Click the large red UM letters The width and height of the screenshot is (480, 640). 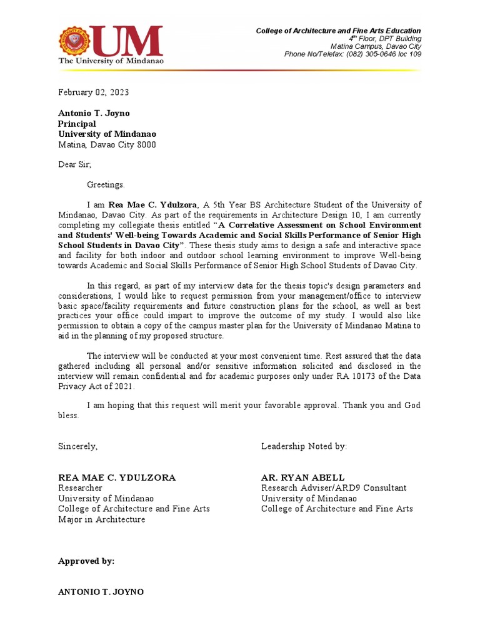point(127,41)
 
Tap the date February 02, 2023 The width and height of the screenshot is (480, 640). point(94,92)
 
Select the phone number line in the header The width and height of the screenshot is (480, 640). point(352,54)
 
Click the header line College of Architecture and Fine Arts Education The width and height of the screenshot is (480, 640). point(339,31)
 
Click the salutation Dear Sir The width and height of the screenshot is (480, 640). point(74,164)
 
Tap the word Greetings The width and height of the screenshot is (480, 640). point(106,184)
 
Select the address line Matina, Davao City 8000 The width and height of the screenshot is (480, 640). point(107,144)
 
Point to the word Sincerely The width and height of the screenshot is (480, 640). point(78,446)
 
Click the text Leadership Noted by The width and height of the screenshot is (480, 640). point(304,446)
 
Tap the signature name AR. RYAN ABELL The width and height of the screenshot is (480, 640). point(302,477)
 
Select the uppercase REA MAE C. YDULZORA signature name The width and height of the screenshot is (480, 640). point(117,477)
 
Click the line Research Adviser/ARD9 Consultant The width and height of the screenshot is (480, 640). point(334,488)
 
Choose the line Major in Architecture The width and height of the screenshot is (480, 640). point(101,519)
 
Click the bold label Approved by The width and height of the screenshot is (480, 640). point(86,561)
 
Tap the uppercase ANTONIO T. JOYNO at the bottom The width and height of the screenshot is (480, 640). point(101,591)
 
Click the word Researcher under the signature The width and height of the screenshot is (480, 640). point(80,488)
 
